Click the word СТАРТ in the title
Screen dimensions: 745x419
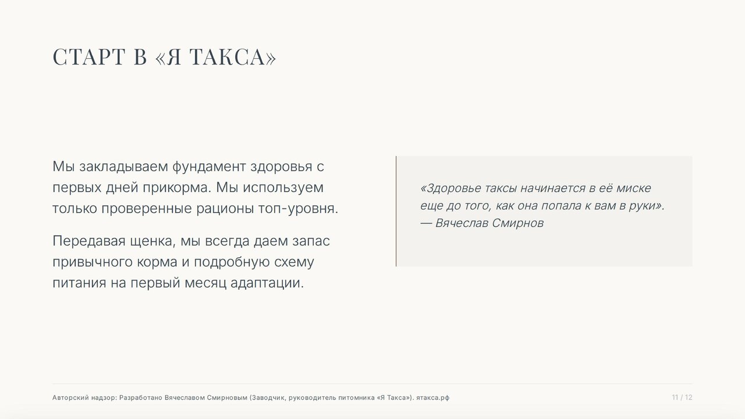[89, 56]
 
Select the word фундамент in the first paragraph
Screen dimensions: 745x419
[209, 166]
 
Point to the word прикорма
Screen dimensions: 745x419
[178, 187]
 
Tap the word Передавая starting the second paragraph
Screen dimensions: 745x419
[89, 241]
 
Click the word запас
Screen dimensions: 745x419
[311, 241]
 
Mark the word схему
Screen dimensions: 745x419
[294, 262]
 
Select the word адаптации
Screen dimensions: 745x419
[267, 283]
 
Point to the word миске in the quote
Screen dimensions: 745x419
[634, 188]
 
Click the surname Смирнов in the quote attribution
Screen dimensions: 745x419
[518, 223]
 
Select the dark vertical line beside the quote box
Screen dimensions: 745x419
[396, 211]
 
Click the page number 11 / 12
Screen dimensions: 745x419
[682, 397]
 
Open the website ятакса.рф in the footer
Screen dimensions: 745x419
[432, 397]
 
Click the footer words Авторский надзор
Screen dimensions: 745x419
[84, 397]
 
